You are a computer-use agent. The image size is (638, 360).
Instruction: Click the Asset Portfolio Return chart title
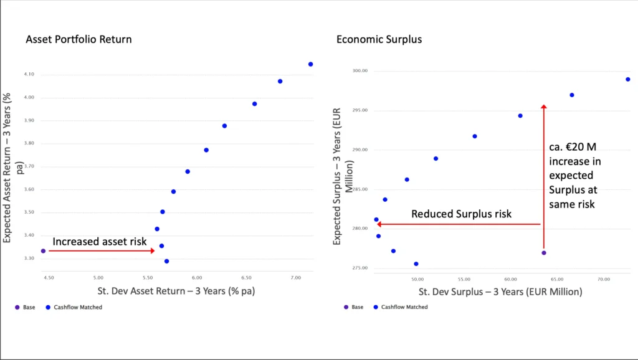[79, 39]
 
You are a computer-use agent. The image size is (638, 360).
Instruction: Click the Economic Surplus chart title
[379, 39]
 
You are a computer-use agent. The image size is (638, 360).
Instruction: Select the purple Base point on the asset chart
[43, 250]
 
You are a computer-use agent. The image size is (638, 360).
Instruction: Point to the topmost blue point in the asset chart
[310, 64]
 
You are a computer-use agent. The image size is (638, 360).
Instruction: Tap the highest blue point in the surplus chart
[628, 79]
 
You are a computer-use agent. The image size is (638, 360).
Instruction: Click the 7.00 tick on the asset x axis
[296, 277]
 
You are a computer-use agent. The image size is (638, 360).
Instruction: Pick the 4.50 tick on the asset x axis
[48, 277]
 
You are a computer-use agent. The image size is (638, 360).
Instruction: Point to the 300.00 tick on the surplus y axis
[359, 71]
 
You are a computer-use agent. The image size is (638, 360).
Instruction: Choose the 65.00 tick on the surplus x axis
[557, 280]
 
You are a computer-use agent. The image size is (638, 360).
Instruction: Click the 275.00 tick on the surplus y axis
[359, 268]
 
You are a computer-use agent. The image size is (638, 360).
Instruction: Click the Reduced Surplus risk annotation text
[461, 214]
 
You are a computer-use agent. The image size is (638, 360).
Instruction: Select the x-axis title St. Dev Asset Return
[176, 291]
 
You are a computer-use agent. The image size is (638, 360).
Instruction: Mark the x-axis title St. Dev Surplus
[500, 291]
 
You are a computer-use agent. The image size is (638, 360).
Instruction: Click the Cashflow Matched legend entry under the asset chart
[78, 307]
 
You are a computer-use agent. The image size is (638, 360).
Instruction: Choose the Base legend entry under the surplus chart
[357, 307]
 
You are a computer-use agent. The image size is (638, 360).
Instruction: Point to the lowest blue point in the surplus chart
[416, 264]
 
